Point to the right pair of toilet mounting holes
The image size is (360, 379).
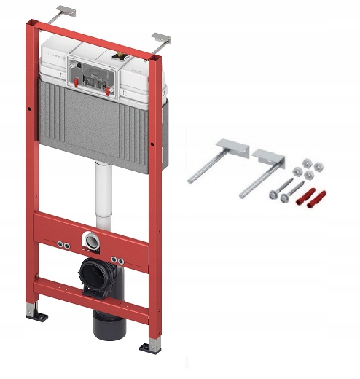click(117, 261)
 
